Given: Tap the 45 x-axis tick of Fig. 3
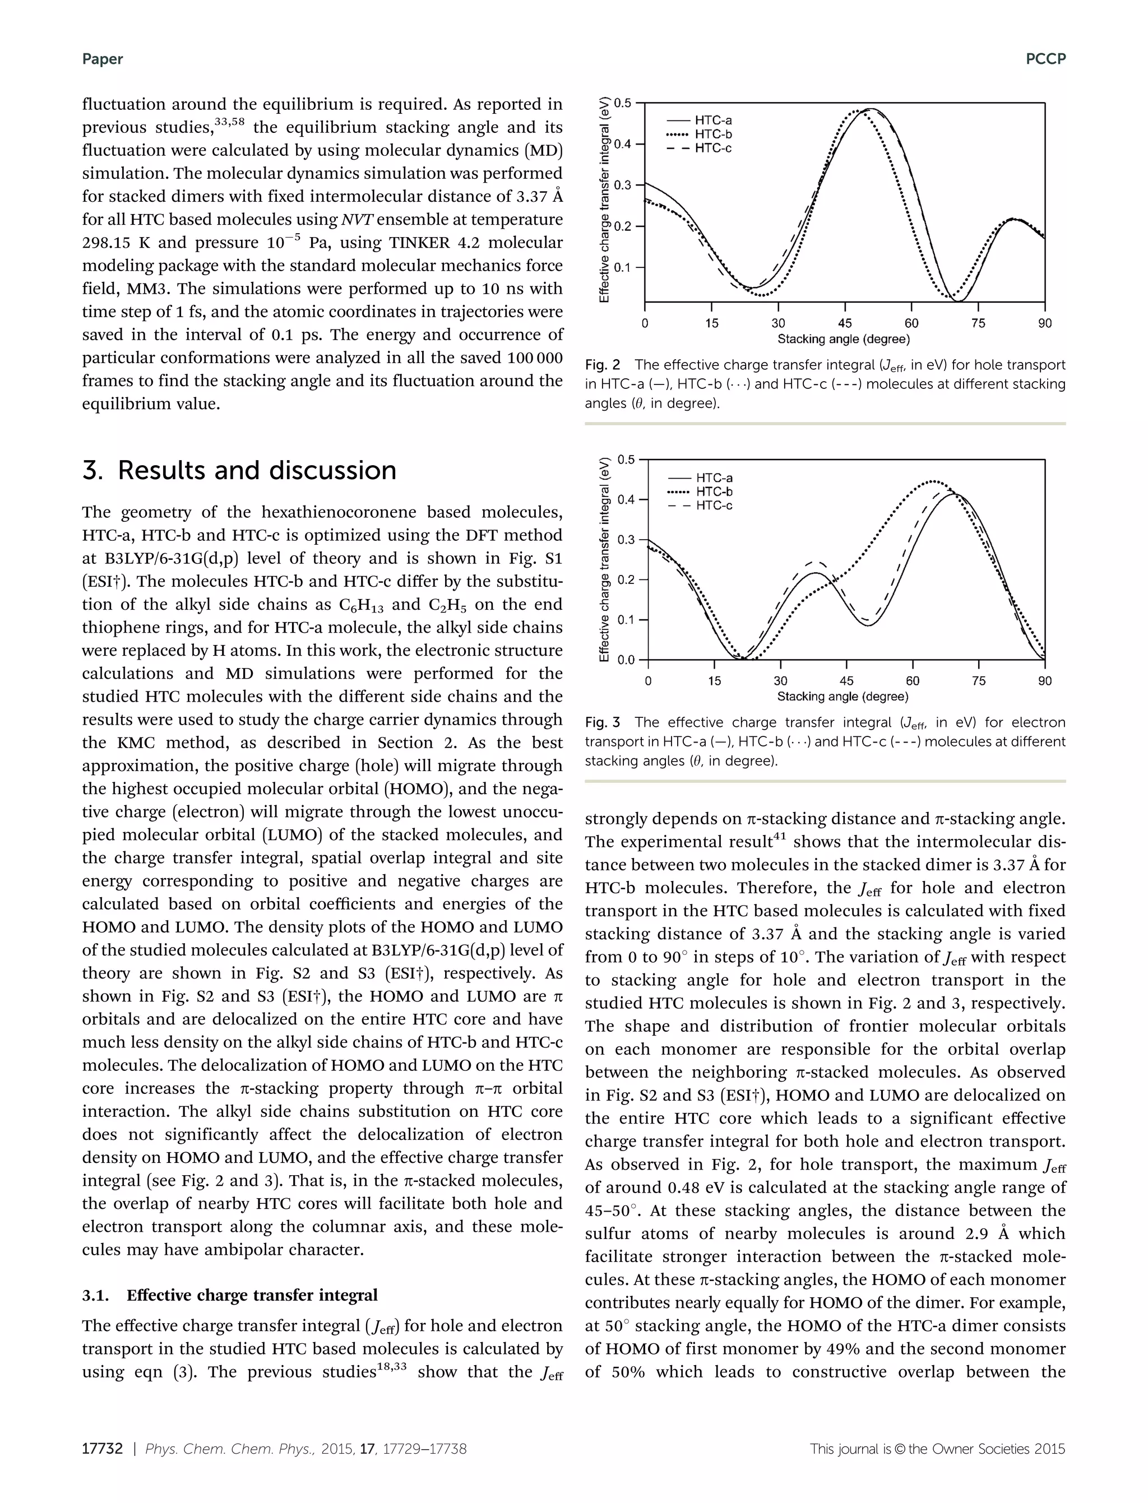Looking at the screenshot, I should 846,680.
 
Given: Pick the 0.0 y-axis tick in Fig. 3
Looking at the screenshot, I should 626,660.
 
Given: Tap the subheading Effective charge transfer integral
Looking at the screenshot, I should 252,1295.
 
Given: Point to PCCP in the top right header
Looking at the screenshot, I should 1045,59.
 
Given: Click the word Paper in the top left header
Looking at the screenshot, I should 103,59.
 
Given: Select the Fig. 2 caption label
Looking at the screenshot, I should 602,365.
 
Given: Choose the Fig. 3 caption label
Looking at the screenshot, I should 602,722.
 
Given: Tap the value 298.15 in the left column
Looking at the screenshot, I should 107,243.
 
